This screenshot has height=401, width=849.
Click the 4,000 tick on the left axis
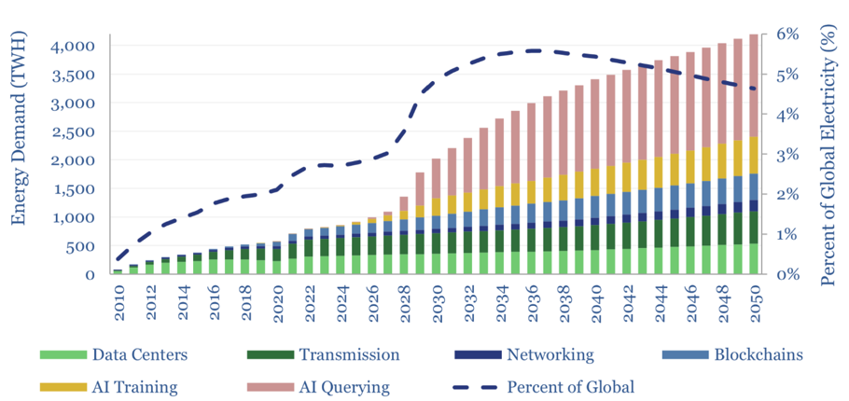69,46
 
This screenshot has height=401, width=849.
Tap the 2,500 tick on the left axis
69,131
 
